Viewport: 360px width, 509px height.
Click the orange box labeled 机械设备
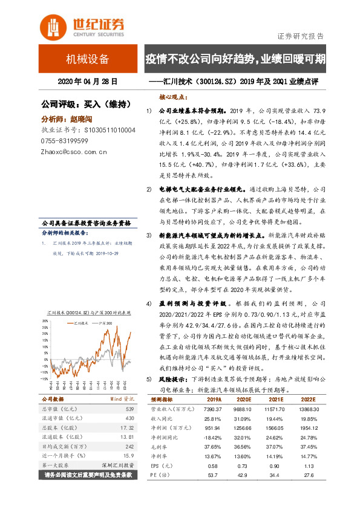click(88, 59)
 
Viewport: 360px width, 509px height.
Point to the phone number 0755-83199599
click(65, 141)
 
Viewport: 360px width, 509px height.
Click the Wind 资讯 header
click(123, 400)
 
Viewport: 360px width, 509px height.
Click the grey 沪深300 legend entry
click(106, 324)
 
